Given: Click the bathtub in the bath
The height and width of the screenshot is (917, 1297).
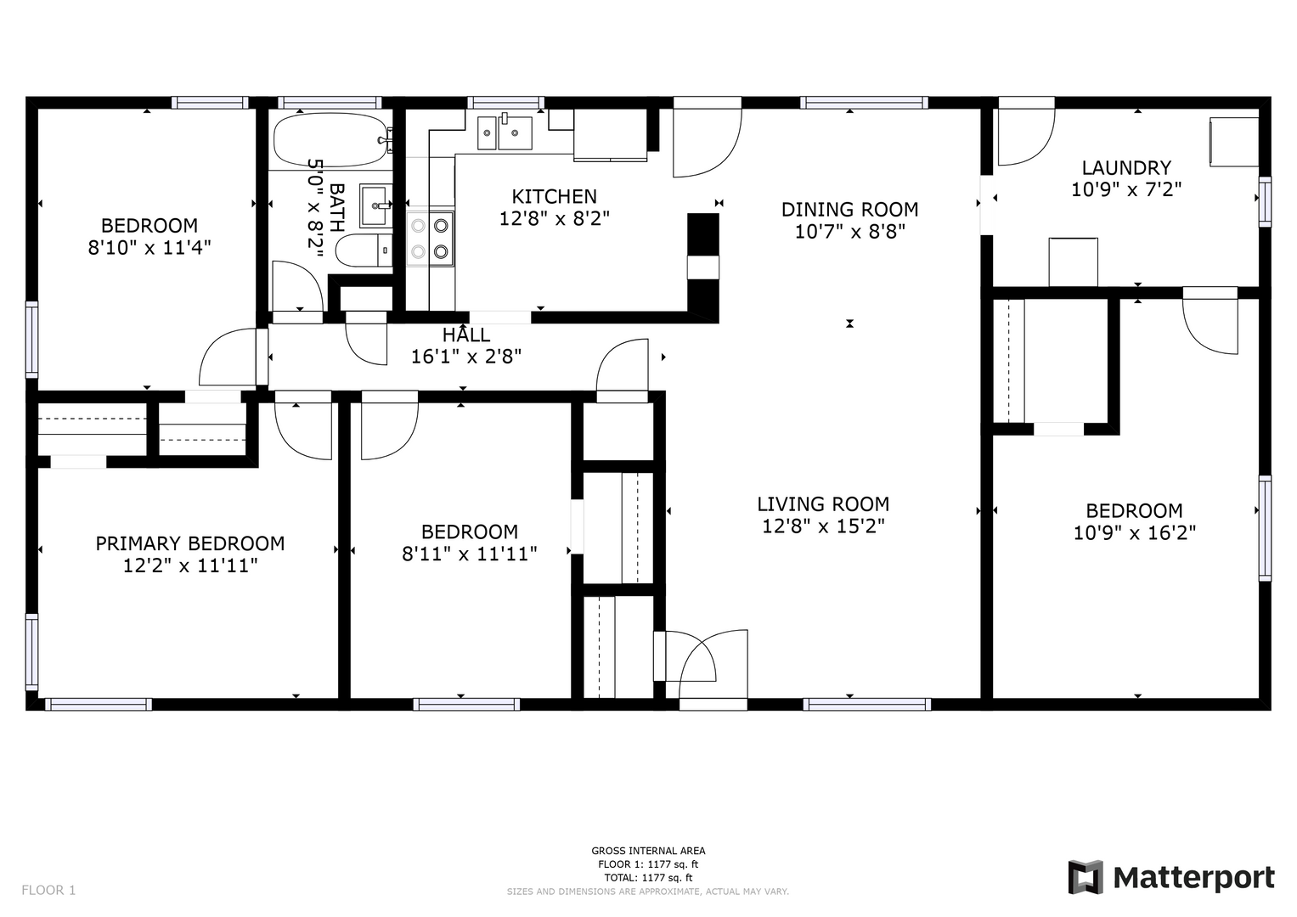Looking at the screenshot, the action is click(x=330, y=139).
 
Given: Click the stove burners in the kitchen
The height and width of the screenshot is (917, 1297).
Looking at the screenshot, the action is click(x=430, y=238).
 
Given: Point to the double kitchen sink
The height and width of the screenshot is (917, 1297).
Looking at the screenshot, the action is click(x=505, y=132).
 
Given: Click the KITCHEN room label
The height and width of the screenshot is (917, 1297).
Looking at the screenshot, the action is click(x=554, y=197).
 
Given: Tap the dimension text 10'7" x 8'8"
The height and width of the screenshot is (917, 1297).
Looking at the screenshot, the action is click(x=850, y=232).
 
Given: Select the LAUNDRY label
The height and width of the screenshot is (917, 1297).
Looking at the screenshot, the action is click(x=1126, y=168).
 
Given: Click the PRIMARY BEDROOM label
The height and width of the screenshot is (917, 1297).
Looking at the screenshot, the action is click(x=190, y=543).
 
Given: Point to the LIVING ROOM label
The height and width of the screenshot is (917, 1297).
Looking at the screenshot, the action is click(x=823, y=504).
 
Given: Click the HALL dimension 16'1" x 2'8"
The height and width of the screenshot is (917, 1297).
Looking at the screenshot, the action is click(x=466, y=357).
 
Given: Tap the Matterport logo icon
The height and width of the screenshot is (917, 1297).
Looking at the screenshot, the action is click(x=1086, y=878).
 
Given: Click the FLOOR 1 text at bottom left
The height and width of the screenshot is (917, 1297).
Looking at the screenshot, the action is click(x=48, y=891).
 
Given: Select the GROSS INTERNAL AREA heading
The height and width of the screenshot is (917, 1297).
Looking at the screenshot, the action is click(x=649, y=851).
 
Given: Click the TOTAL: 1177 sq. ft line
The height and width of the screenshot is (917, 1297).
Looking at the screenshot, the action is click(x=649, y=878).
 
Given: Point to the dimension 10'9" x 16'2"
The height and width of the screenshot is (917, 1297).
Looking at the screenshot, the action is click(x=1135, y=532).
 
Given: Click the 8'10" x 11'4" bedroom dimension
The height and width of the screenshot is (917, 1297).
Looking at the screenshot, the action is click(x=149, y=248).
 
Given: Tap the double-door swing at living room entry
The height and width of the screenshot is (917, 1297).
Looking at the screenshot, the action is click(x=702, y=664).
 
